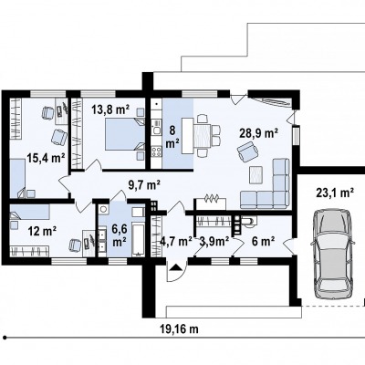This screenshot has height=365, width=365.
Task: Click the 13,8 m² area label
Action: pyautogui.click(x=110, y=109)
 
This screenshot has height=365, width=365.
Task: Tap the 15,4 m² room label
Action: pyautogui.click(x=46, y=158)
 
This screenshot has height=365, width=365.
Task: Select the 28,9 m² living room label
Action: pyautogui.click(x=258, y=133)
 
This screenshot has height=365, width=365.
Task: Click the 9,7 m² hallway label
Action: pyautogui.click(x=144, y=184)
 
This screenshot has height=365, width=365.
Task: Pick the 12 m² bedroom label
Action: pyautogui.click(x=42, y=232)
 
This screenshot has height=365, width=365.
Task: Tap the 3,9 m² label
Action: pyautogui.click(x=214, y=242)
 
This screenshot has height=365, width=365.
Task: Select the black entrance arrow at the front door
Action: pyautogui.click(x=176, y=267)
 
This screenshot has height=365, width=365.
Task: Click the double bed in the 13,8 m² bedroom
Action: pyautogui.click(x=125, y=134)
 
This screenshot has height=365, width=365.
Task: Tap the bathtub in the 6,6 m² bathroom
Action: pyautogui.click(x=139, y=239)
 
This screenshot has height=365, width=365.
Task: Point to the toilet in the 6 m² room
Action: pyautogui.click(x=249, y=221)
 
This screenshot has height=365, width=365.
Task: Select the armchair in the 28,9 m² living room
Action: pyautogui.click(x=248, y=151)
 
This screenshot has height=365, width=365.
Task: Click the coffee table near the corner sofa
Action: pyautogui.click(x=256, y=175)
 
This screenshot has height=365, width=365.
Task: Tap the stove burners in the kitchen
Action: pyautogui.click(x=157, y=151)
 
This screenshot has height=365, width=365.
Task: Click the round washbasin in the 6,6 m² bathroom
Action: pyautogui.click(x=104, y=210)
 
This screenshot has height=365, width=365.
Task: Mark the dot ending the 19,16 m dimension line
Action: pyautogui.click(x=5, y=338)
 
